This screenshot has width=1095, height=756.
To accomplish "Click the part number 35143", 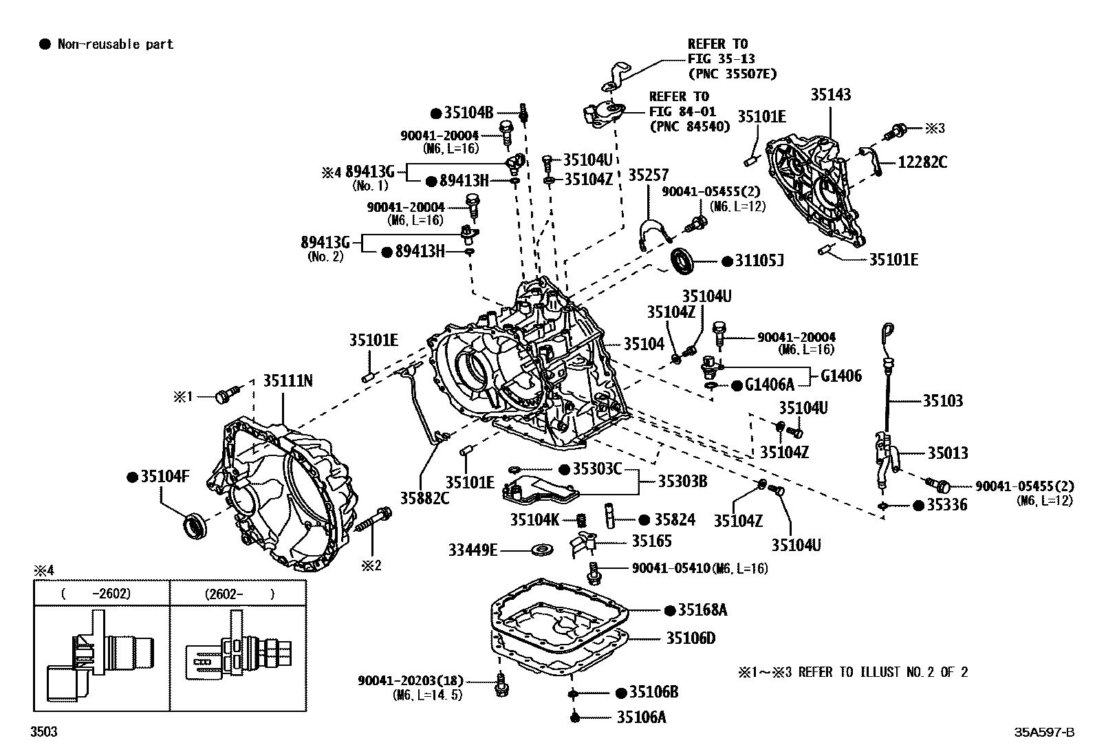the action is click(x=831, y=94).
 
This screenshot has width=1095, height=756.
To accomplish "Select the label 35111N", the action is click(x=288, y=380).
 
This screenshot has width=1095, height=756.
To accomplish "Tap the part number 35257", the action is click(x=648, y=175).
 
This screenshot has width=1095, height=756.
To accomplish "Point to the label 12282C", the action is click(x=922, y=162).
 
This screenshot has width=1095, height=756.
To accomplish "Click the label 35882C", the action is click(x=425, y=498).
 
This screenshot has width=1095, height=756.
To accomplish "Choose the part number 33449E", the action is click(x=473, y=550).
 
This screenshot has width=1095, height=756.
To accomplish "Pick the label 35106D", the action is click(x=691, y=638).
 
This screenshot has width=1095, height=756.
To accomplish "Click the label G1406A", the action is click(x=770, y=385).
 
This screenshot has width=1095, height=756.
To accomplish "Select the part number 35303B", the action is click(x=682, y=481).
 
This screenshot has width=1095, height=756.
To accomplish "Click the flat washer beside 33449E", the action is click(x=543, y=550).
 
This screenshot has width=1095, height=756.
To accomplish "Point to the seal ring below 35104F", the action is click(x=195, y=525).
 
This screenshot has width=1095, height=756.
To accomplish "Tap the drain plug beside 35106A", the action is click(x=574, y=717).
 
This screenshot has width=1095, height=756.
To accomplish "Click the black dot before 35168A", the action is click(x=670, y=610).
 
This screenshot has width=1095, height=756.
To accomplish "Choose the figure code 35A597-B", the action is click(x=1044, y=732).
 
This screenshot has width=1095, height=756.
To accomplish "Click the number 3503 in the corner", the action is click(x=44, y=731).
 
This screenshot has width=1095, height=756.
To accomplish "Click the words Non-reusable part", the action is click(x=116, y=45).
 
